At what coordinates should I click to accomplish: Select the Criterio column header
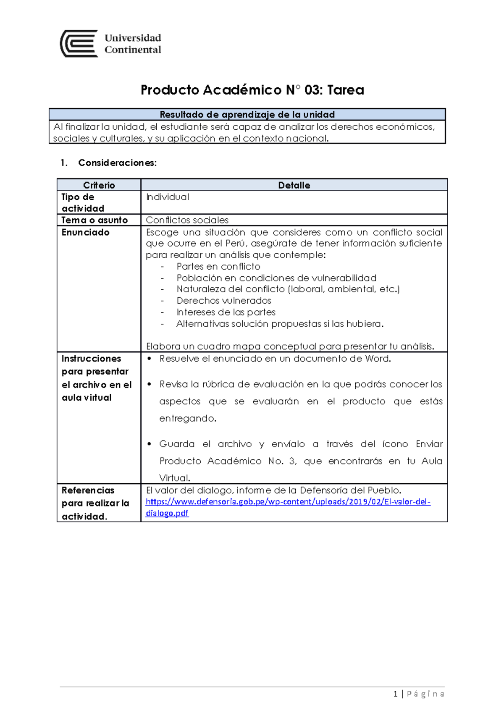99,185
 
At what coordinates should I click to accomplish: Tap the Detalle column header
294,185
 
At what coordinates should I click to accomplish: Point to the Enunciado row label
85,232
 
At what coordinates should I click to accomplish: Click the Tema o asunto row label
94,220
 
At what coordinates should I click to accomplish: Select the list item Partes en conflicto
218,266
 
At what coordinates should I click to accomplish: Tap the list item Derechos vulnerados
224,301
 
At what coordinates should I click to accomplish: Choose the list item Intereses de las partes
226,312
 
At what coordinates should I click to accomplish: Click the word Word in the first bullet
378,359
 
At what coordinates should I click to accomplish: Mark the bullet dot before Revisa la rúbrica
149,384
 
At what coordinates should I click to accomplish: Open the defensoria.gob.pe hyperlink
288,502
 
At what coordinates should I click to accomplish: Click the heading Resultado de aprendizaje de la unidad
247,115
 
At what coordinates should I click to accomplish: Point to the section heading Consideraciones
117,163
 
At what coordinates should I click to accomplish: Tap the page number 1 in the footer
395,694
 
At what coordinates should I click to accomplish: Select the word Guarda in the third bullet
176,444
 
